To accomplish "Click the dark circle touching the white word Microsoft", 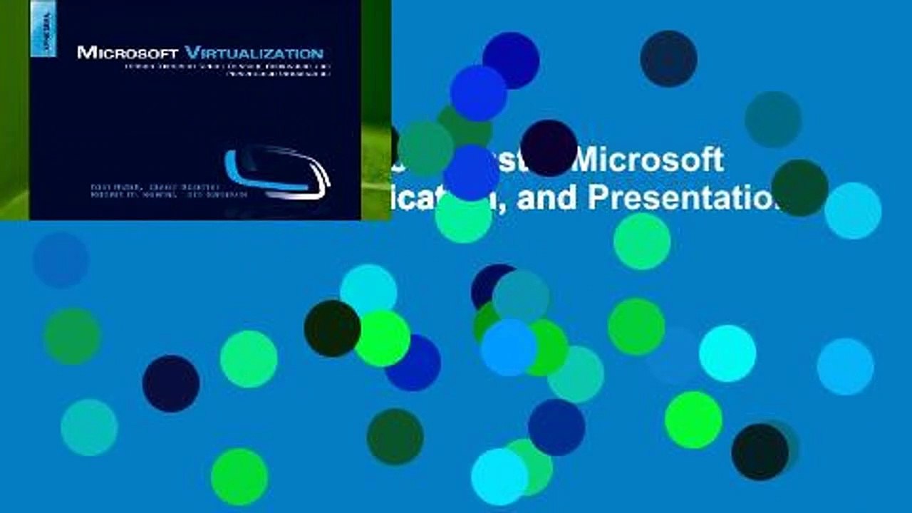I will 549,147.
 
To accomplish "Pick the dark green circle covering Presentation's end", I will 799,187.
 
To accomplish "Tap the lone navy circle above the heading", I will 668,58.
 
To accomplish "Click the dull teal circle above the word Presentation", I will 773,119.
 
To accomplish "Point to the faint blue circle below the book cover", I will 61,260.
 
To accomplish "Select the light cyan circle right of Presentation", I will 853,210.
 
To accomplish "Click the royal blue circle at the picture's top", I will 511,61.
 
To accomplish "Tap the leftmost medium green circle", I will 72,336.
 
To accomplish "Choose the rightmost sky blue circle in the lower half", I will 845,366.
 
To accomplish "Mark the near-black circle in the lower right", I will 760,452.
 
